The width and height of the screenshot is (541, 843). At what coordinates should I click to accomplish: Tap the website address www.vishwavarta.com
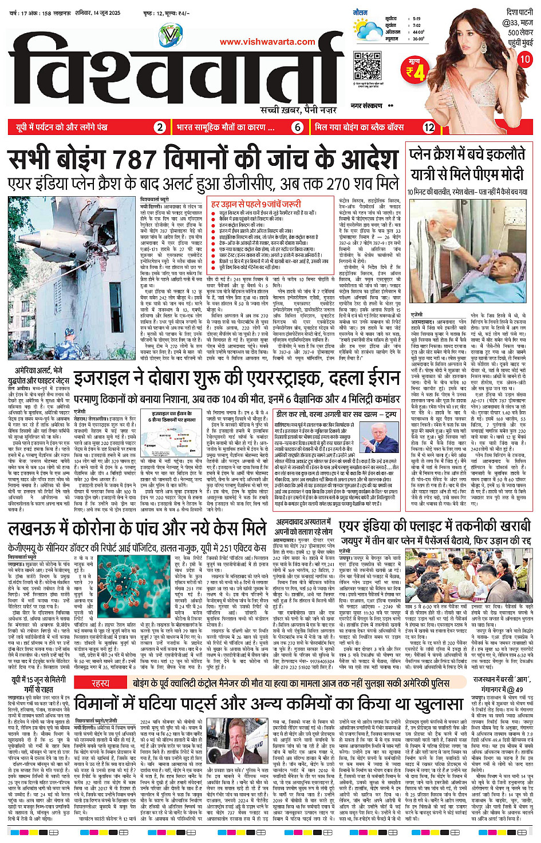coord(267,42)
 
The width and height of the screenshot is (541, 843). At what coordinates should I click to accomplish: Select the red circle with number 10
coord(524,59)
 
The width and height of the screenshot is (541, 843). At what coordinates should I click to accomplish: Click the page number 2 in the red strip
coord(160,127)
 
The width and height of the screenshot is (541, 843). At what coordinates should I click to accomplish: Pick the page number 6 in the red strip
coord(297,127)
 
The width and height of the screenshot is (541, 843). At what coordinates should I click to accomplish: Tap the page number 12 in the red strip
coord(429,127)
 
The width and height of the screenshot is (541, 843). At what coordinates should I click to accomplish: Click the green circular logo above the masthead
coord(170,35)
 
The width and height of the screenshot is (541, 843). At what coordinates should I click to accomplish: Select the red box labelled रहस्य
coord(100,683)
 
